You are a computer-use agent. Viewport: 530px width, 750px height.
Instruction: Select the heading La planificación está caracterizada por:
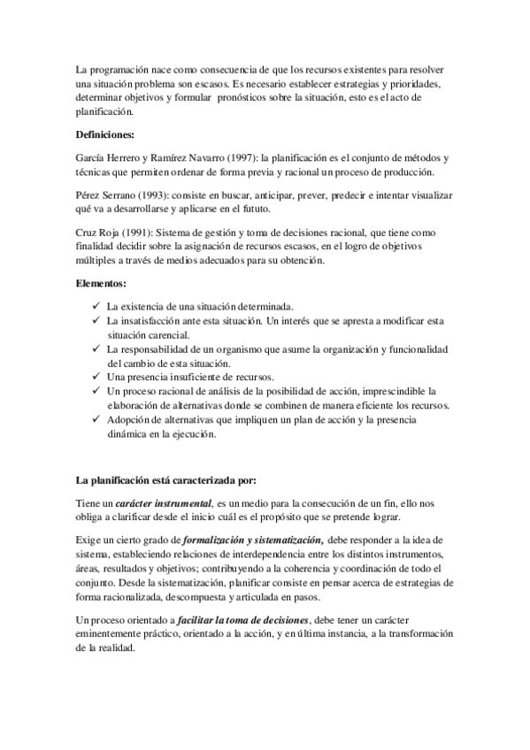pos(165,480)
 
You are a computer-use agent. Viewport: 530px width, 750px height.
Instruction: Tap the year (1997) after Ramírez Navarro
pos(220,157)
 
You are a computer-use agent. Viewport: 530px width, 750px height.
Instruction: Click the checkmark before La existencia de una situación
pos(96,305)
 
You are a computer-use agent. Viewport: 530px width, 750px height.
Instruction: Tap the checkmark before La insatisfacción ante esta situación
pos(96,320)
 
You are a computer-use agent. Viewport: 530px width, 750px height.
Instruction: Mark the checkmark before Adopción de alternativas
pos(96,419)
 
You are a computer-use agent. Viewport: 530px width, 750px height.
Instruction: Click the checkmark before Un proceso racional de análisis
pos(96,391)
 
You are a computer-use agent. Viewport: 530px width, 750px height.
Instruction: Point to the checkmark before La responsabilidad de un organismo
pos(96,349)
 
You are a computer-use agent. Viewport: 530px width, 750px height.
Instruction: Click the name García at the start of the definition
pos(92,157)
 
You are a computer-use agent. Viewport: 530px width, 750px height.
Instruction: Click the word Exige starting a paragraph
pos(89,539)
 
